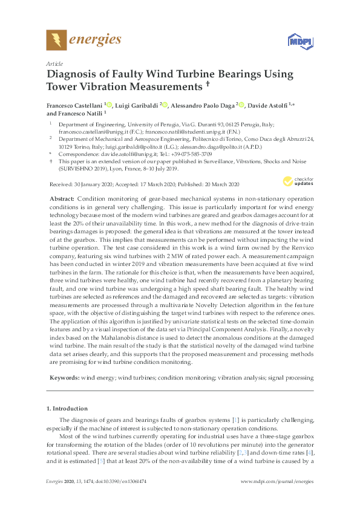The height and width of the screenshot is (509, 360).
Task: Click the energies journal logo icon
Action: pyautogui.click(x=56, y=41)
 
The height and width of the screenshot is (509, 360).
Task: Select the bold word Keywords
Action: pyautogui.click(x=62, y=376)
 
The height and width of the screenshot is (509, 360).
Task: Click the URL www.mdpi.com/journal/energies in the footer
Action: pyautogui.click(x=277, y=481)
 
